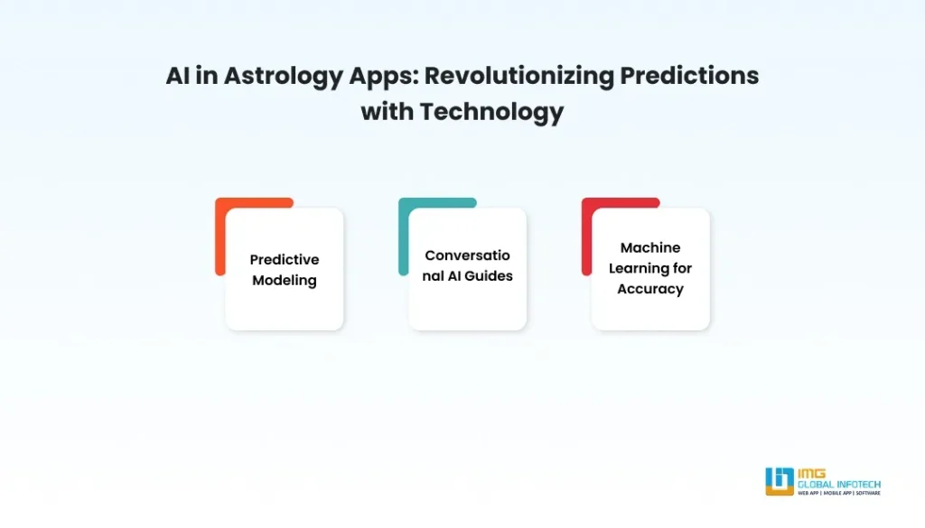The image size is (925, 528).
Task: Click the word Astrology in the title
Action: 283,77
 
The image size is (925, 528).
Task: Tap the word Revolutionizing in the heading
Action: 519,76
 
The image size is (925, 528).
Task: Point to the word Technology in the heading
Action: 491,112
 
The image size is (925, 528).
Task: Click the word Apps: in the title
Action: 383,77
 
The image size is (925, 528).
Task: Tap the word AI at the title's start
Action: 178,76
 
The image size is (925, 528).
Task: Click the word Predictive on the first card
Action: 285,259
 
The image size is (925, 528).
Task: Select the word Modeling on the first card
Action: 285,281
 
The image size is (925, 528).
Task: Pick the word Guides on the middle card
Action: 489,276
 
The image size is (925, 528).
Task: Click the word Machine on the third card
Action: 650,247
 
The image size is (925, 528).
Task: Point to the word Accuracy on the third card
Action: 650,290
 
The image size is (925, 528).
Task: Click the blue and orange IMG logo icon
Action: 780,481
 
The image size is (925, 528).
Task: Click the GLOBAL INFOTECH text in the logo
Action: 839,485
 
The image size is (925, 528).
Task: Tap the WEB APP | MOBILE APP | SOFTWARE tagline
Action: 839,493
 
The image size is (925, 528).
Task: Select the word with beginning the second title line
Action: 387,111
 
